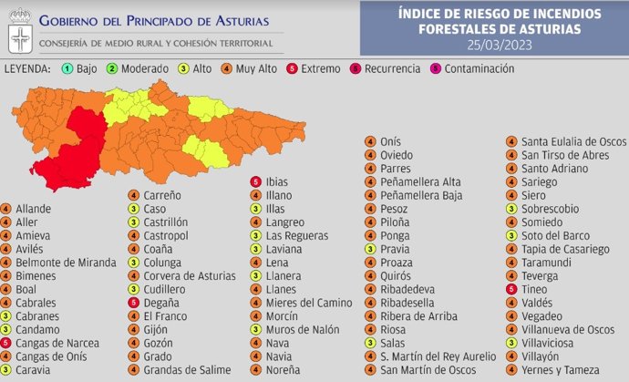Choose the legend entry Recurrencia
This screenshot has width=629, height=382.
point(389,68)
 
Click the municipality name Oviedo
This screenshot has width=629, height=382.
point(398,155)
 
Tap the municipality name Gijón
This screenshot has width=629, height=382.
point(157,329)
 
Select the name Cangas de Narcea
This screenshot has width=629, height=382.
point(56,343)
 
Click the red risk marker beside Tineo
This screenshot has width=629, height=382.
point(511,289)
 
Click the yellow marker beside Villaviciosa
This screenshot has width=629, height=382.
point(511,343)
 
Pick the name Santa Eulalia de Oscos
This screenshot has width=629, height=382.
point(573,141)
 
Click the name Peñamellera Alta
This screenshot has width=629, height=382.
point(420,181)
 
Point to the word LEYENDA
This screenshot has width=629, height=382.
point(27,68)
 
